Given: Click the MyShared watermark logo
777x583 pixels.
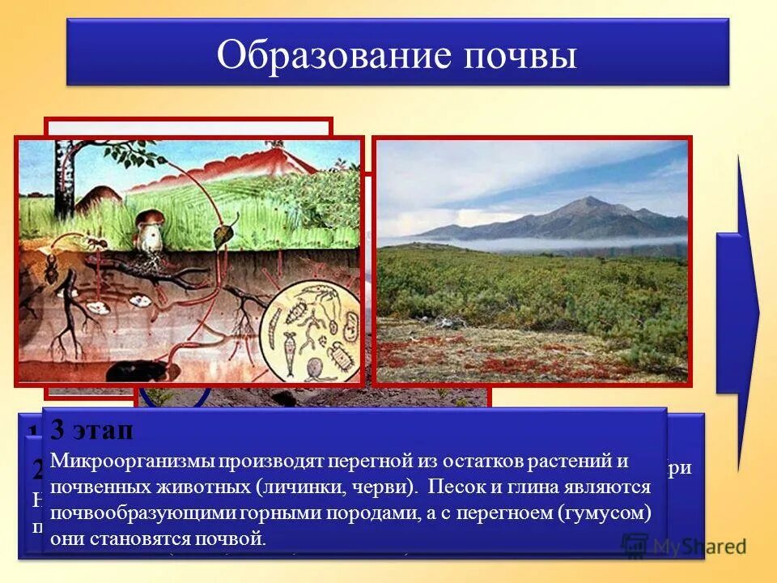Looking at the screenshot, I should click(684, 545).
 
